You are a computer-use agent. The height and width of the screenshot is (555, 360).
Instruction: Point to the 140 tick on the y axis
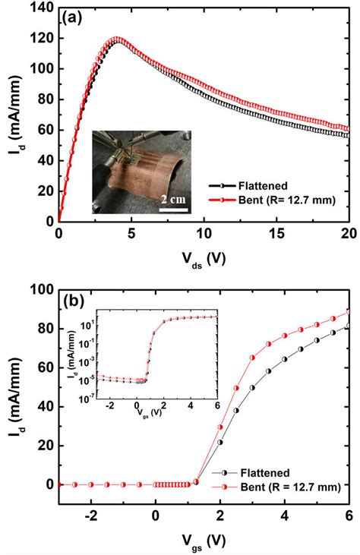tap(40, 8)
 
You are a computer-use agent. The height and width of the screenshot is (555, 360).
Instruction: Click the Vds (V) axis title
tap(203, 257)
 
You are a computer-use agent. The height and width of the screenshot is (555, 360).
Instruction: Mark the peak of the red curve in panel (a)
tap(117, 38)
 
